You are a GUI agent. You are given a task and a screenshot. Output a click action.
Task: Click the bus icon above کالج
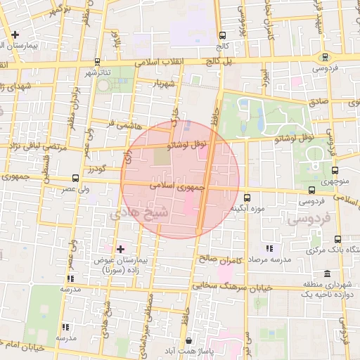(223, 35)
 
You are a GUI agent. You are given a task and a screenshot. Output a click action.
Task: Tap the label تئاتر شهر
(98, 72)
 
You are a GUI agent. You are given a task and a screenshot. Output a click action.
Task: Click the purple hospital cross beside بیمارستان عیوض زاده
(120, 248)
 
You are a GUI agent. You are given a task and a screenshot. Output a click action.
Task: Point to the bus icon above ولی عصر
(76, 178)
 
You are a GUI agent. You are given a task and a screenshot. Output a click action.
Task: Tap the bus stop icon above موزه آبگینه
(247, 198)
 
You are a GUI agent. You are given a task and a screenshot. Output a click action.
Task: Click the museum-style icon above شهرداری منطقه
(327, 274)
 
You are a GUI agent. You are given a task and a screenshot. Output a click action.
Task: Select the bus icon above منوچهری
(334, 169)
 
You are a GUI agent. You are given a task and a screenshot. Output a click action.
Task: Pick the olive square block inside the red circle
(162, 157)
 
